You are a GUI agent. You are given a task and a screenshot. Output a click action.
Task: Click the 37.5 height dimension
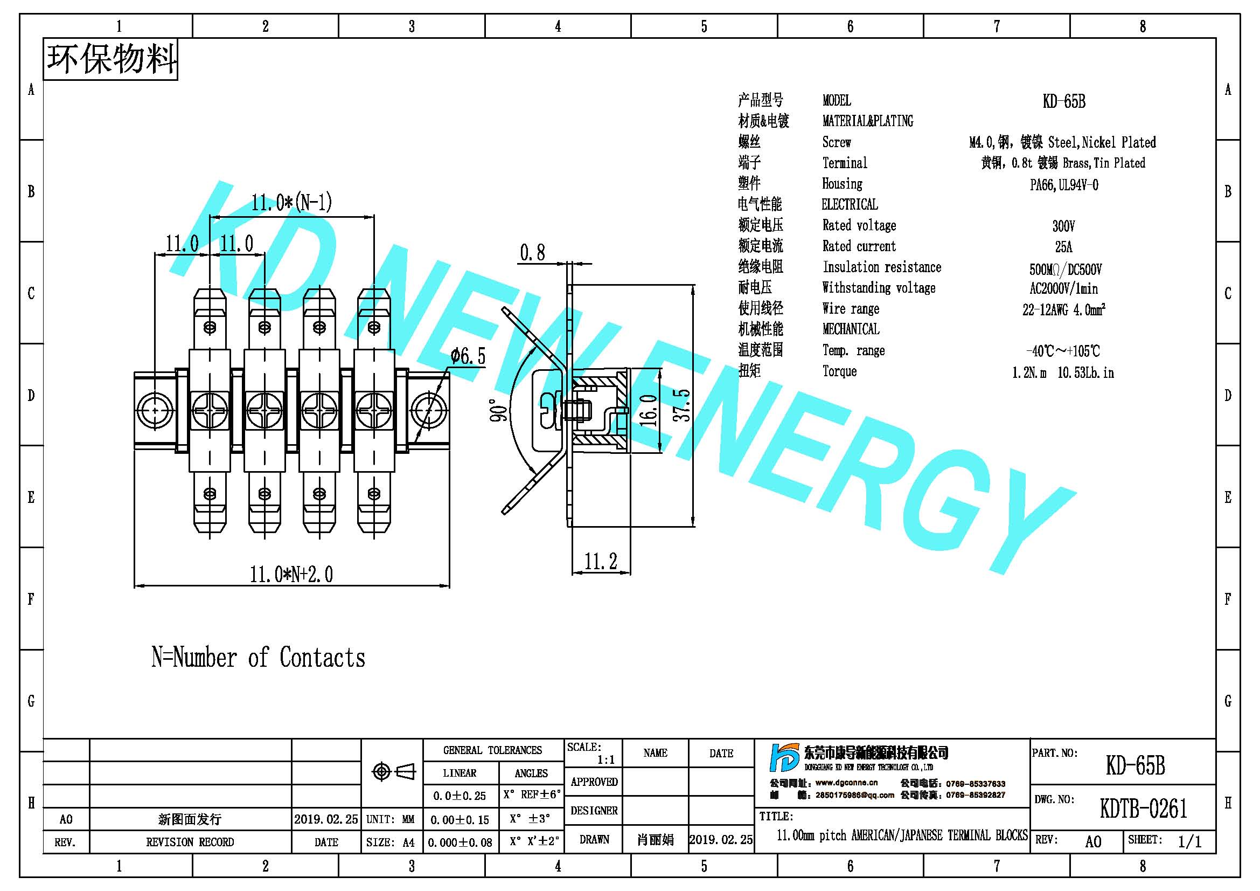pos(682,405)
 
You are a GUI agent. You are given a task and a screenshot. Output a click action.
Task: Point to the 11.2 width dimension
pos(601,561)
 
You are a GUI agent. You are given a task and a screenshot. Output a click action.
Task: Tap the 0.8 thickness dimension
pos(533,253)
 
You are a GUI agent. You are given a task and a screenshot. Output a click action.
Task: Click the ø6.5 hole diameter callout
pos(468,356)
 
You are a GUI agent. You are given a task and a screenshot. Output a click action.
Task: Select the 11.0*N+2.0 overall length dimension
pos(291,575)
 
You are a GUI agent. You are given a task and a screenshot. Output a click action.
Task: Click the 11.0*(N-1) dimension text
pos(292,203)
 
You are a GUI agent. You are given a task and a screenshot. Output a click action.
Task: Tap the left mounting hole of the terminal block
pos(155,410)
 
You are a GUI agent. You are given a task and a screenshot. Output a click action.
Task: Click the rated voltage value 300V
pos(1063,226)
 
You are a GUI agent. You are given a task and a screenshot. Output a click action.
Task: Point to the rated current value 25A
pos(1063,246)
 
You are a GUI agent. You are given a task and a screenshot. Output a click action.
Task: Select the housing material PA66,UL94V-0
pos(1064,184)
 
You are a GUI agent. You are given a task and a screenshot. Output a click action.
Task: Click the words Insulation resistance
pos(882,267)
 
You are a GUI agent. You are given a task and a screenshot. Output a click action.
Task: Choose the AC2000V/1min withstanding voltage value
pos(1063,289)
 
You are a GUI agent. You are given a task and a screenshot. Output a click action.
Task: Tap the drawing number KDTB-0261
pos(1144,809)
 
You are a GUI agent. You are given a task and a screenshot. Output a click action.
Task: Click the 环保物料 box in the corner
pos(111,59)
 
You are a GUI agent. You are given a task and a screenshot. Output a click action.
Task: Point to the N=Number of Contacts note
pos(259,658)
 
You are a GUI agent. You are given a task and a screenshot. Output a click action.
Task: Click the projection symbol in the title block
pos(393,772)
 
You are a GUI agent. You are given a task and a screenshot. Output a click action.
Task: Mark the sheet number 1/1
pos(1190,841)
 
